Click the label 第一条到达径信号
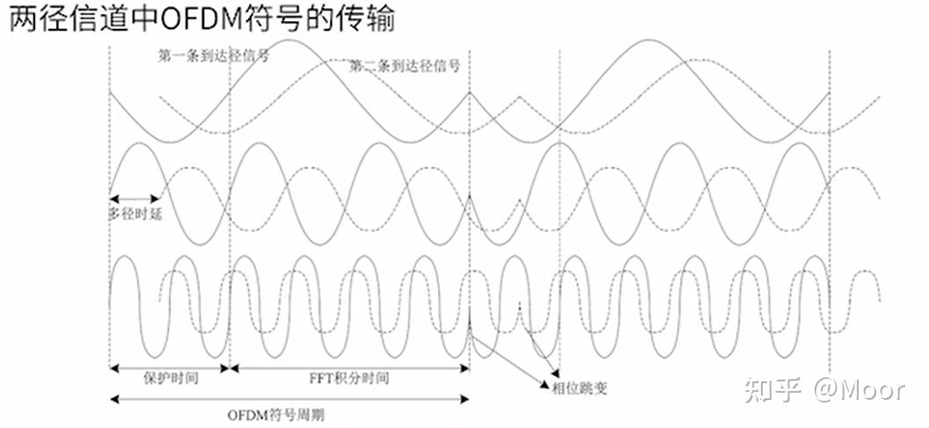[x=213, y=54]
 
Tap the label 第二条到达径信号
[x=406, y=66]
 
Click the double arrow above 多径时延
[x=135, y=198]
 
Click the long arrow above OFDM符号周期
[x=289, y=400]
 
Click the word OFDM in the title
[x=184, y=18]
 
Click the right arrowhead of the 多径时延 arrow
[x=156, y=198]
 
